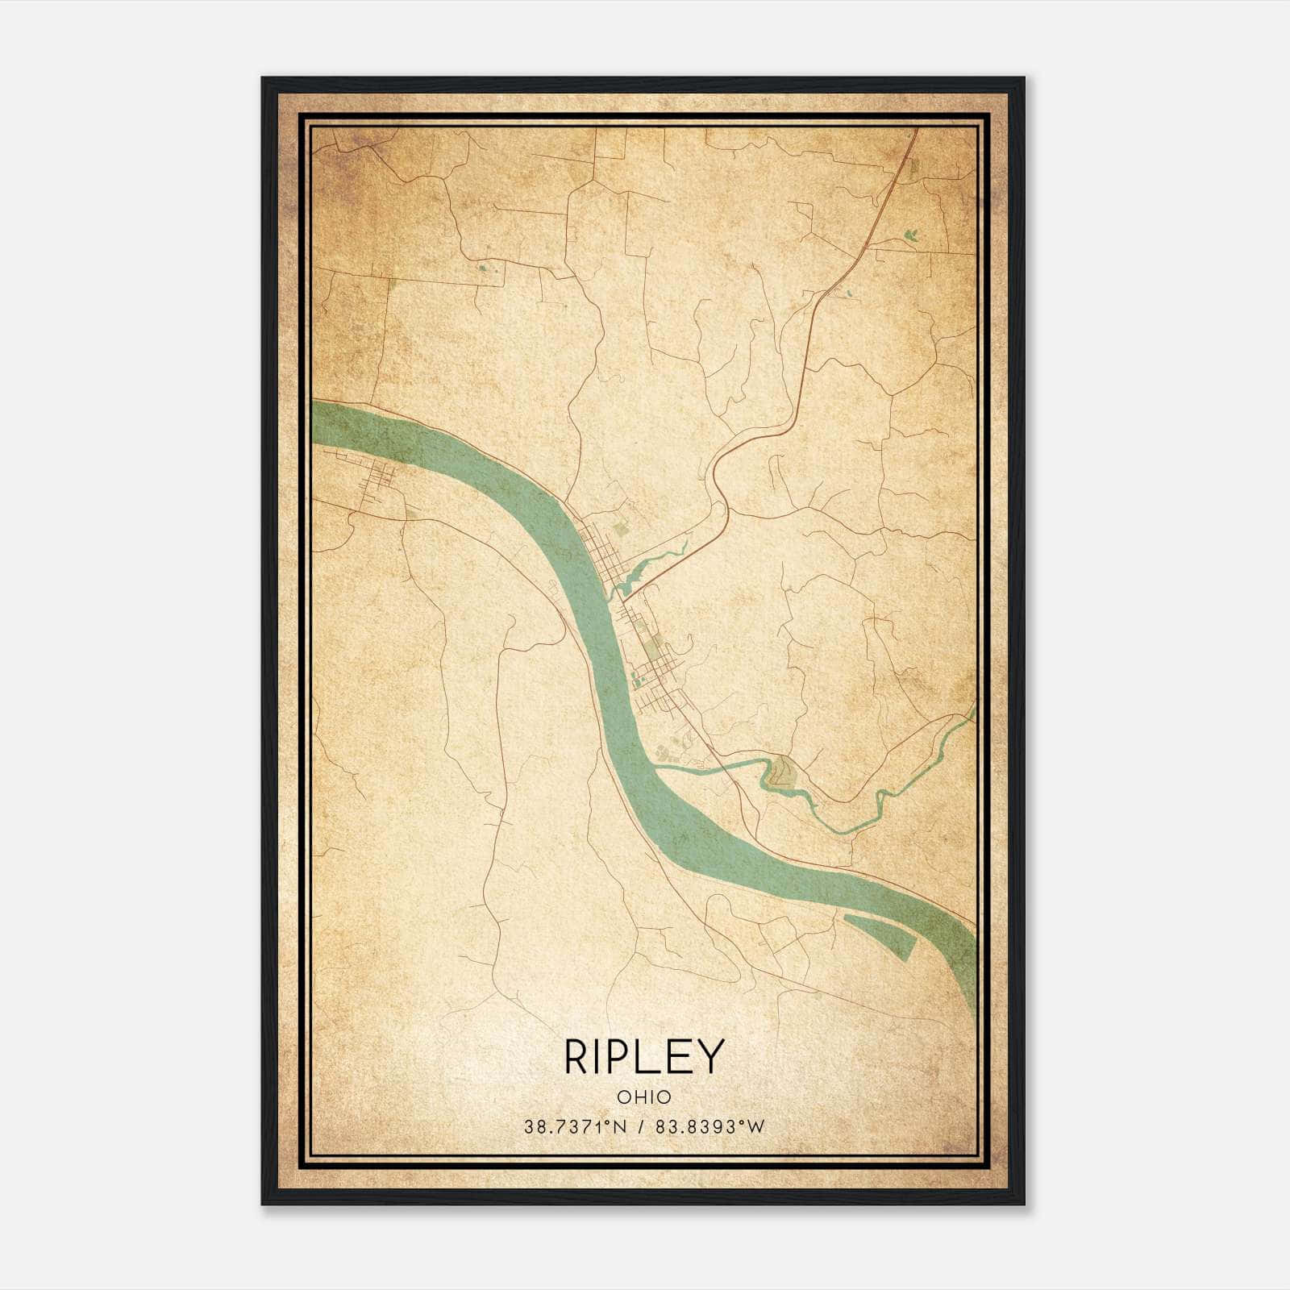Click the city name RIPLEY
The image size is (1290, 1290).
644,1056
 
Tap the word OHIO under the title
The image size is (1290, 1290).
644,1096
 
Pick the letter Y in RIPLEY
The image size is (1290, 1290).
711,1056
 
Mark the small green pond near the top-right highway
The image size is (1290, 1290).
911,235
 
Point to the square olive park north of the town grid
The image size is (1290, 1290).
619,528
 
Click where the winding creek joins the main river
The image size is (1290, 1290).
660,771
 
